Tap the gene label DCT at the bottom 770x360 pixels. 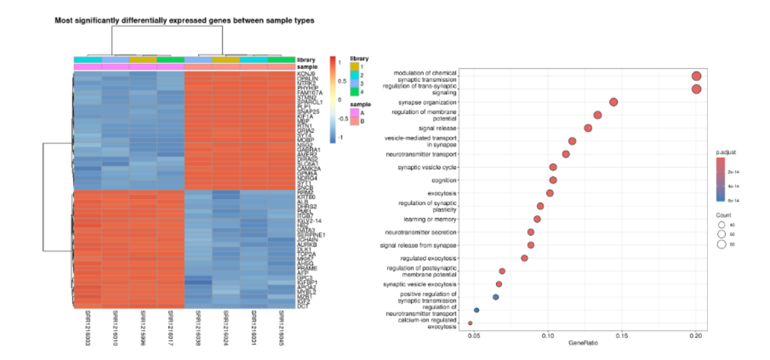302,306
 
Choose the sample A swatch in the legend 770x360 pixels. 354,111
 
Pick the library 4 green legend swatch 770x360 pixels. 354,89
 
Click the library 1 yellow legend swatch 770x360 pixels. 354,66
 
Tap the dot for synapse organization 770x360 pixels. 614,102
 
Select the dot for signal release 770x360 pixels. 588,128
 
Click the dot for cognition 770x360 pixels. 553,180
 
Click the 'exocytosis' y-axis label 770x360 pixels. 442,193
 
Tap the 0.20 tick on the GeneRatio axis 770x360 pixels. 696,337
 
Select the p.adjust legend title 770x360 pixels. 726,152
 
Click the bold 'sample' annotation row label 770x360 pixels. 307,67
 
